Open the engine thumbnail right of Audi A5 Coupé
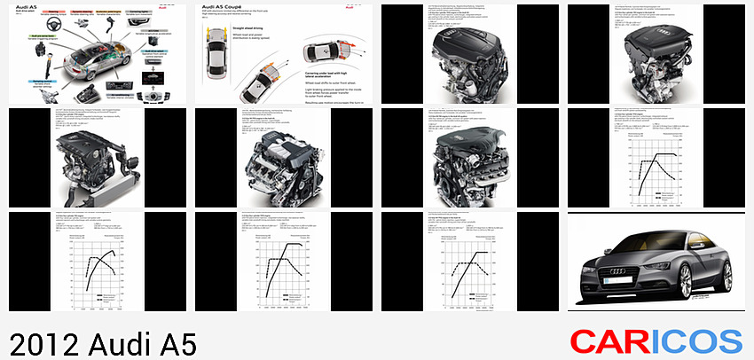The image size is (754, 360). [x=469, y=54]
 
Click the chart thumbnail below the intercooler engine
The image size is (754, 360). [x=97, y=262]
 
